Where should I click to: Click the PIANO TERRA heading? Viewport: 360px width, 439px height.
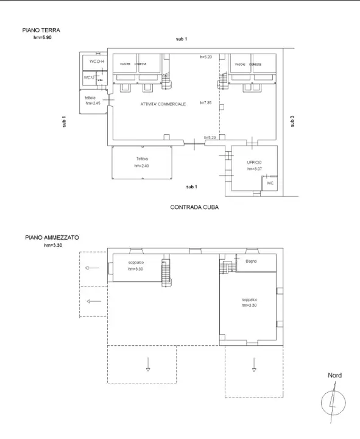click(x=41, y=30)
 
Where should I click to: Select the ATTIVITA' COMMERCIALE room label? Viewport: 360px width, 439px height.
click(x=163, y=105)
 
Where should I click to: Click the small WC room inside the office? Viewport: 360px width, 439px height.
click(x=269, y=182)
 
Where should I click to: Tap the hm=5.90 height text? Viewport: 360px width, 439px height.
click(x=44, y=37)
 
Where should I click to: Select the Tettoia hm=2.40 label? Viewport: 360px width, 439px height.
click(x=142, y=162)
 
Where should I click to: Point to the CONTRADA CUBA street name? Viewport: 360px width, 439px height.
click(x=194, y=207)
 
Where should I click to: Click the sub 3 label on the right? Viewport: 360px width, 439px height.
click(x=292, y=121)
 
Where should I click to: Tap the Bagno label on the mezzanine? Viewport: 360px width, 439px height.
click(x=251, y=261)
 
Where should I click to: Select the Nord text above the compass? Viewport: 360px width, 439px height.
click(x=334, y=376)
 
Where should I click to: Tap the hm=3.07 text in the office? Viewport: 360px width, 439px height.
click(x=254, y=169)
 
